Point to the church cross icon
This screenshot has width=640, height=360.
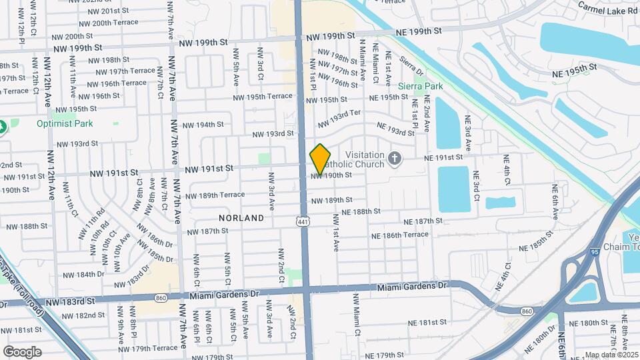pos(395,159)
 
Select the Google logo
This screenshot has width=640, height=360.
pos(23,351)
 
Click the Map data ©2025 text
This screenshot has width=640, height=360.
pos(611,355)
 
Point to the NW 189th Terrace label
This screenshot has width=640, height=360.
pos(215,195)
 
